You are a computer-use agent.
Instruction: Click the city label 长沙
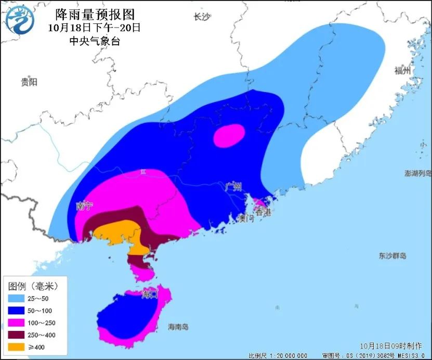pos(201,17)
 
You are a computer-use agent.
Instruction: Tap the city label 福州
pos(402,71)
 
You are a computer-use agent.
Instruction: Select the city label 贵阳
pos(29,82)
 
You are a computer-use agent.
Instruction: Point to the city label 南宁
pos(84,206)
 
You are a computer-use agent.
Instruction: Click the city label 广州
pos(234,187)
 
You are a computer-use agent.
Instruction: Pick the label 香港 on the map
pos(263,212)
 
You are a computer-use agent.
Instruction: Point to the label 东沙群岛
pos(392,256)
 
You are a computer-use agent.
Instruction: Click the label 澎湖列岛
pos(417,173)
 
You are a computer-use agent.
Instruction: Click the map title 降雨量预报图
pos(94,15)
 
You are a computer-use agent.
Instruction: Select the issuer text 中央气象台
pos(95,41)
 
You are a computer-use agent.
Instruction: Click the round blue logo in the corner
pos(20,20)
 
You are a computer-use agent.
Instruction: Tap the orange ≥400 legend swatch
pos(18,347)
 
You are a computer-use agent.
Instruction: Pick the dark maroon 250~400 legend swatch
pos(18,335)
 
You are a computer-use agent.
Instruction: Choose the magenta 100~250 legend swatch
pos(18,323)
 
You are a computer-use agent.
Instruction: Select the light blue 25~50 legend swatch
pos(18,298)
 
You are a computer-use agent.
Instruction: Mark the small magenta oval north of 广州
pos(229,135)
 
